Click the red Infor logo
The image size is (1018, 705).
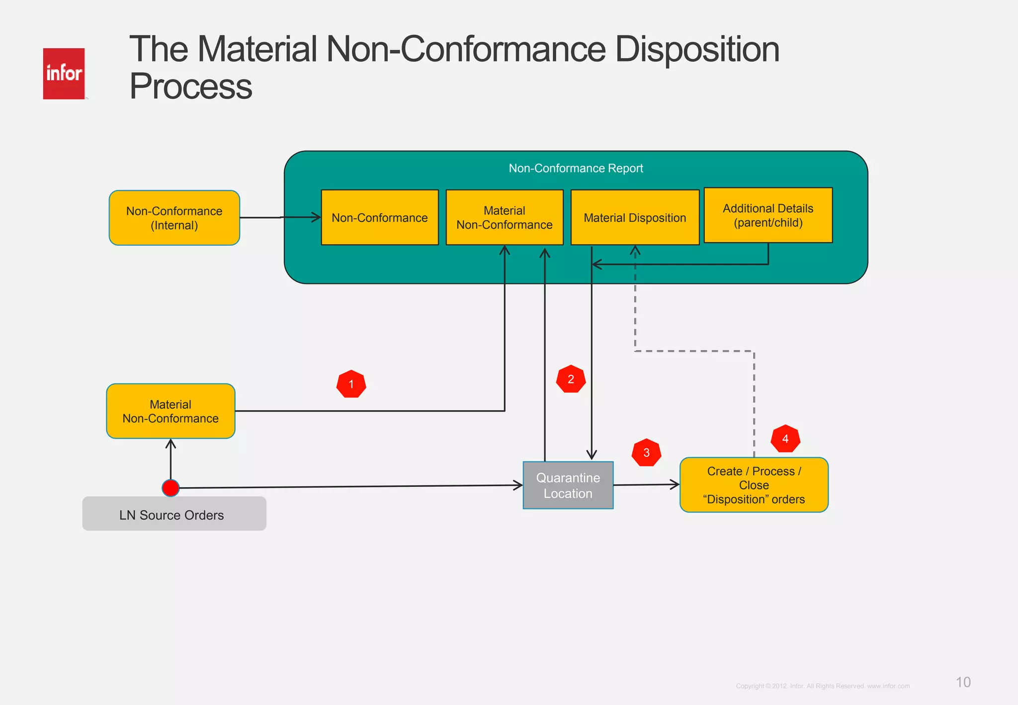(x=64, y=74)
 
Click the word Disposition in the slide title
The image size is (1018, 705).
(x=697, y=50)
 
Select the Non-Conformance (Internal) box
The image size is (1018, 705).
(x=174, y=218)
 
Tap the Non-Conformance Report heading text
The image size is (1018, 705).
(x=576, y=168)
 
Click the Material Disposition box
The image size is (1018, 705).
(x=635, y=218)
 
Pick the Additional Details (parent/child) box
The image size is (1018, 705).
(x=768, y=215)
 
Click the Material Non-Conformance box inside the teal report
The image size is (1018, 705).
(x=504, y=218)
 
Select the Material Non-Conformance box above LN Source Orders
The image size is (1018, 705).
(x=170, y=411)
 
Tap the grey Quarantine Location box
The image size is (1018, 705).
(x=568, y=485)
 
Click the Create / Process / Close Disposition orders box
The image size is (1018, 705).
(x=754, y=485)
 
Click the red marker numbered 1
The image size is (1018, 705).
(x=351, y=384)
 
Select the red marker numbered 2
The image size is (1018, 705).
(x=571, y=379)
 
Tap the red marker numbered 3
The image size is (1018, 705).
(x=646, y=452)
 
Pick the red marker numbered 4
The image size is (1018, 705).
(x=785, y=439)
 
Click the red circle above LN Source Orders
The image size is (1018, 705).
(x=170, y=488)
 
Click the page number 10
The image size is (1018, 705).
(x=963, y=682)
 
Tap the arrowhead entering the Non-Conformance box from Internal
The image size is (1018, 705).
(x=316, y=217)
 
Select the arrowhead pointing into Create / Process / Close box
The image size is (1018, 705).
(x=675, y=484)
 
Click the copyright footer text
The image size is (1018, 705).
(x=823, y=686)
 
